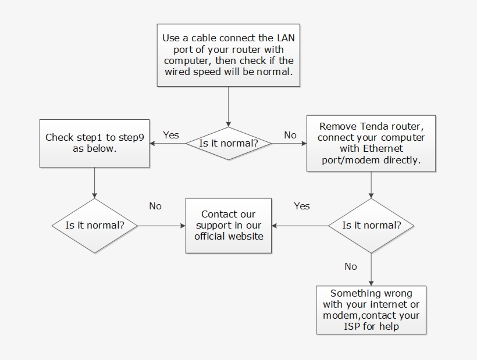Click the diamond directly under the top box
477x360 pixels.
pos(228,143)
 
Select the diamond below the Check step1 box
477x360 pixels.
pos(94,226)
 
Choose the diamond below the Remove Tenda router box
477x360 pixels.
pos(371,226)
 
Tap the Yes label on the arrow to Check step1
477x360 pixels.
pos(170,135)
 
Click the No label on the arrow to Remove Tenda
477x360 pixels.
pos(290,135)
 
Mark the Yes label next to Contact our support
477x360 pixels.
pos(302,206)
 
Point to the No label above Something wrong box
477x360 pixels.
pos(351,266)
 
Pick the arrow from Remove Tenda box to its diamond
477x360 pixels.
pos(371,185)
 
